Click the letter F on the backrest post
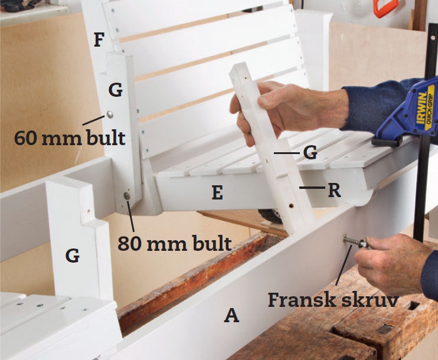[99, 40]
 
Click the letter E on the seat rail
[217, 192]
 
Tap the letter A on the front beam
[231, 315]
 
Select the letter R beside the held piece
[334, 191]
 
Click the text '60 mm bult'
[70, 138]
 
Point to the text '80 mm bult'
[175, 243]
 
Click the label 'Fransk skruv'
[333, 300]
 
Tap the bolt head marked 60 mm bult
[110, 114]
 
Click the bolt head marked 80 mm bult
[127, 196]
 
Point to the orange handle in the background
[386, 8]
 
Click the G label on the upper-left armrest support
[115, 90]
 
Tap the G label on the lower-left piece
[73, 256]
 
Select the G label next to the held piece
[310, 152]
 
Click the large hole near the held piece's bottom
[291, 206]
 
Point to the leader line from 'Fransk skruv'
[342, 265]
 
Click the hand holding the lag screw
[391, 263]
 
